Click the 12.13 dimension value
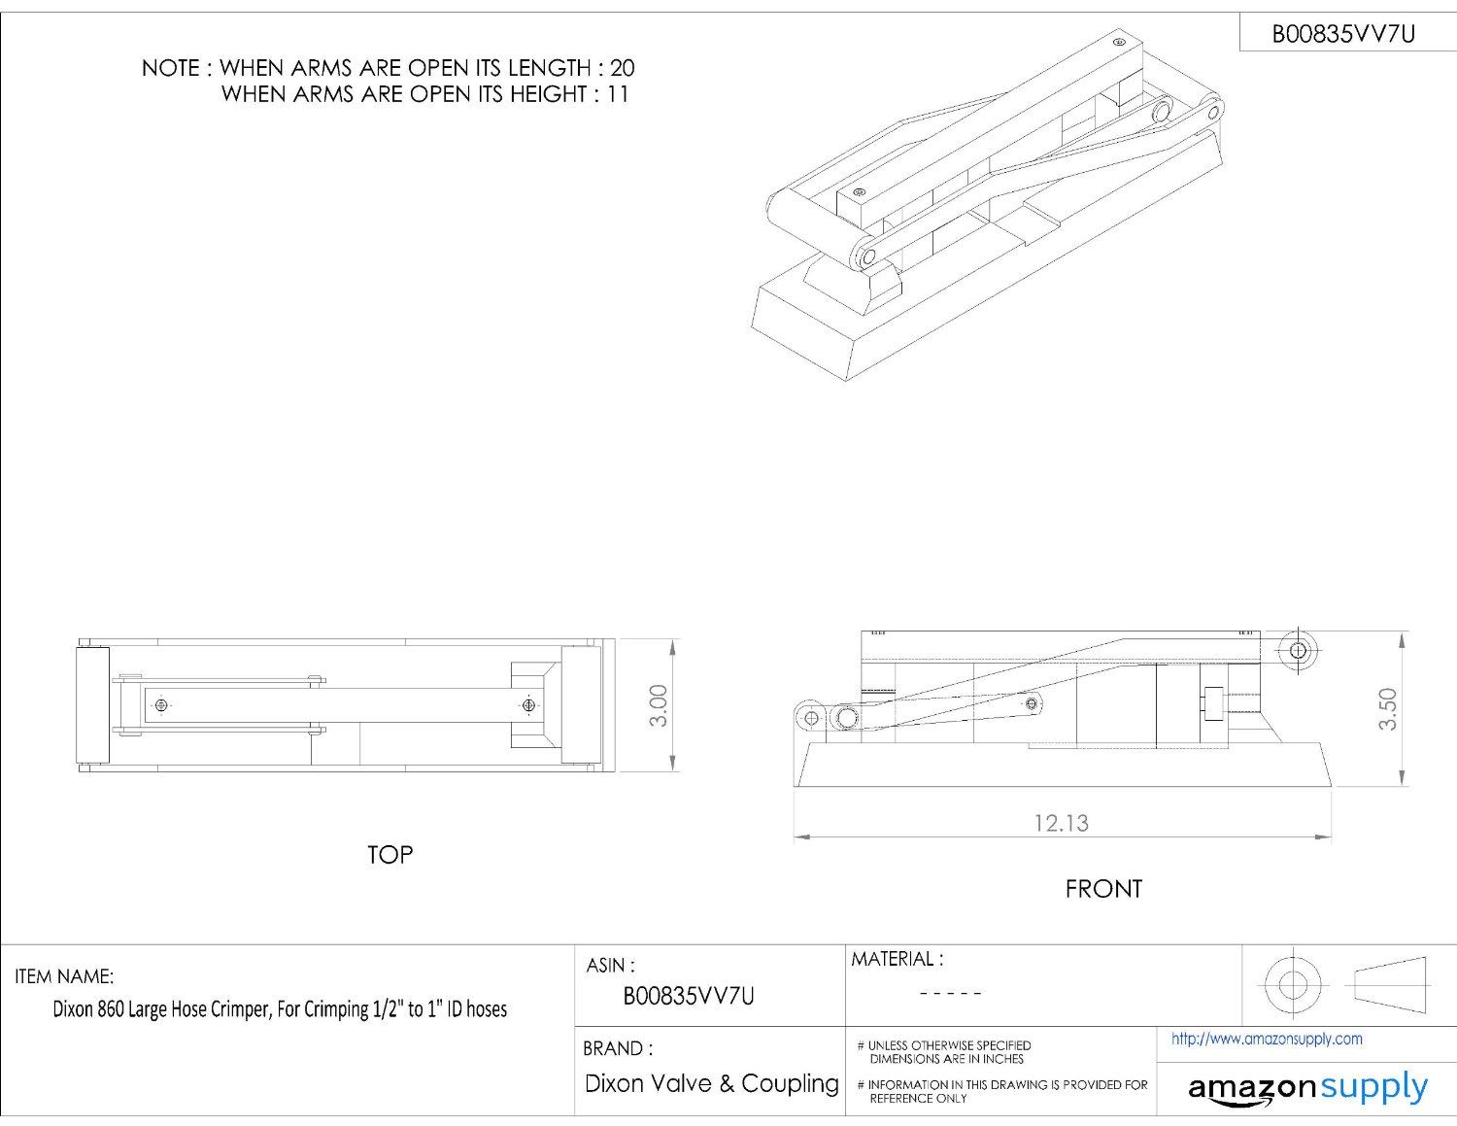tap(1062, 823)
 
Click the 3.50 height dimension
tap(1387, 709)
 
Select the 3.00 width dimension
tap(660, 704)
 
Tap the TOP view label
tap(390, 854)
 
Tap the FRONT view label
tap(1103, 889)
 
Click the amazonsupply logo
tap(1308, 1087)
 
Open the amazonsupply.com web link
tap(1267, 1039)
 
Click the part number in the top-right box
tap(1343, 34)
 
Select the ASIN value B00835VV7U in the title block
tap(689, 997)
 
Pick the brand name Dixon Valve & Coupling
tap(711, 1084)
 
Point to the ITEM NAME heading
tap(64, 976)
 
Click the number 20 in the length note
tap(623, 68)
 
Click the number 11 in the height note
tap(618, 94)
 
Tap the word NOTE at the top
tap(170, 68)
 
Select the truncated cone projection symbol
tap(1390, 984)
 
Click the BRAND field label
tap(618, 1048)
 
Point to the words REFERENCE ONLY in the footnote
tap(918, 1099)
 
